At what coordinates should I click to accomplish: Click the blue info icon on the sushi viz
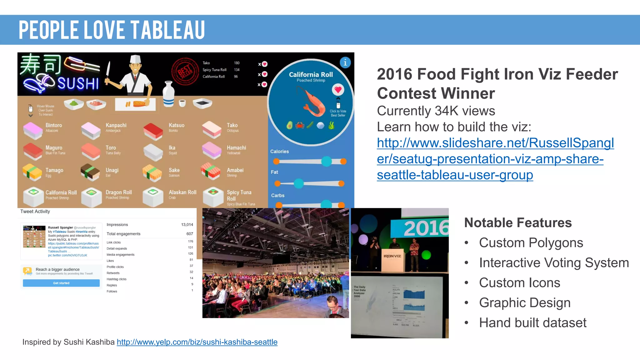tap(345, 63)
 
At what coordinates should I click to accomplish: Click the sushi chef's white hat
tap(135, 59)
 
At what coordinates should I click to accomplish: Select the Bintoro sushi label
tap(54, 125)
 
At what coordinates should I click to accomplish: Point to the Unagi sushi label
tap(112, 170)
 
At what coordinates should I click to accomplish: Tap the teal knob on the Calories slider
tap(327, 161)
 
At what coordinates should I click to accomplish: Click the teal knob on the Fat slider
tap(299, 183)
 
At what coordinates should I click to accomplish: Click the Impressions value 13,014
tap(187, 225)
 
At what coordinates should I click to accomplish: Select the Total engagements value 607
tap(190, 234)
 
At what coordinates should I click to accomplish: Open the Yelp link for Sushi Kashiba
tap(197, 342)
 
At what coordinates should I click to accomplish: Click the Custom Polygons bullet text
tap(531, 243)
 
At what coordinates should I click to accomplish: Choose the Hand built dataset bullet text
tap(532, 323)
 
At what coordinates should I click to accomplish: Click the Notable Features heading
tap(518, 223)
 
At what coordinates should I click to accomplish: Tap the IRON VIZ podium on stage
tap(392, 259)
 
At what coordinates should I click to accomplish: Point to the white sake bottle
tap(168, 94)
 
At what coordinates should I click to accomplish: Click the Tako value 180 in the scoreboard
tap(237, 63)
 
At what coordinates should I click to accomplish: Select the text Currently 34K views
tap(436, 111)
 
